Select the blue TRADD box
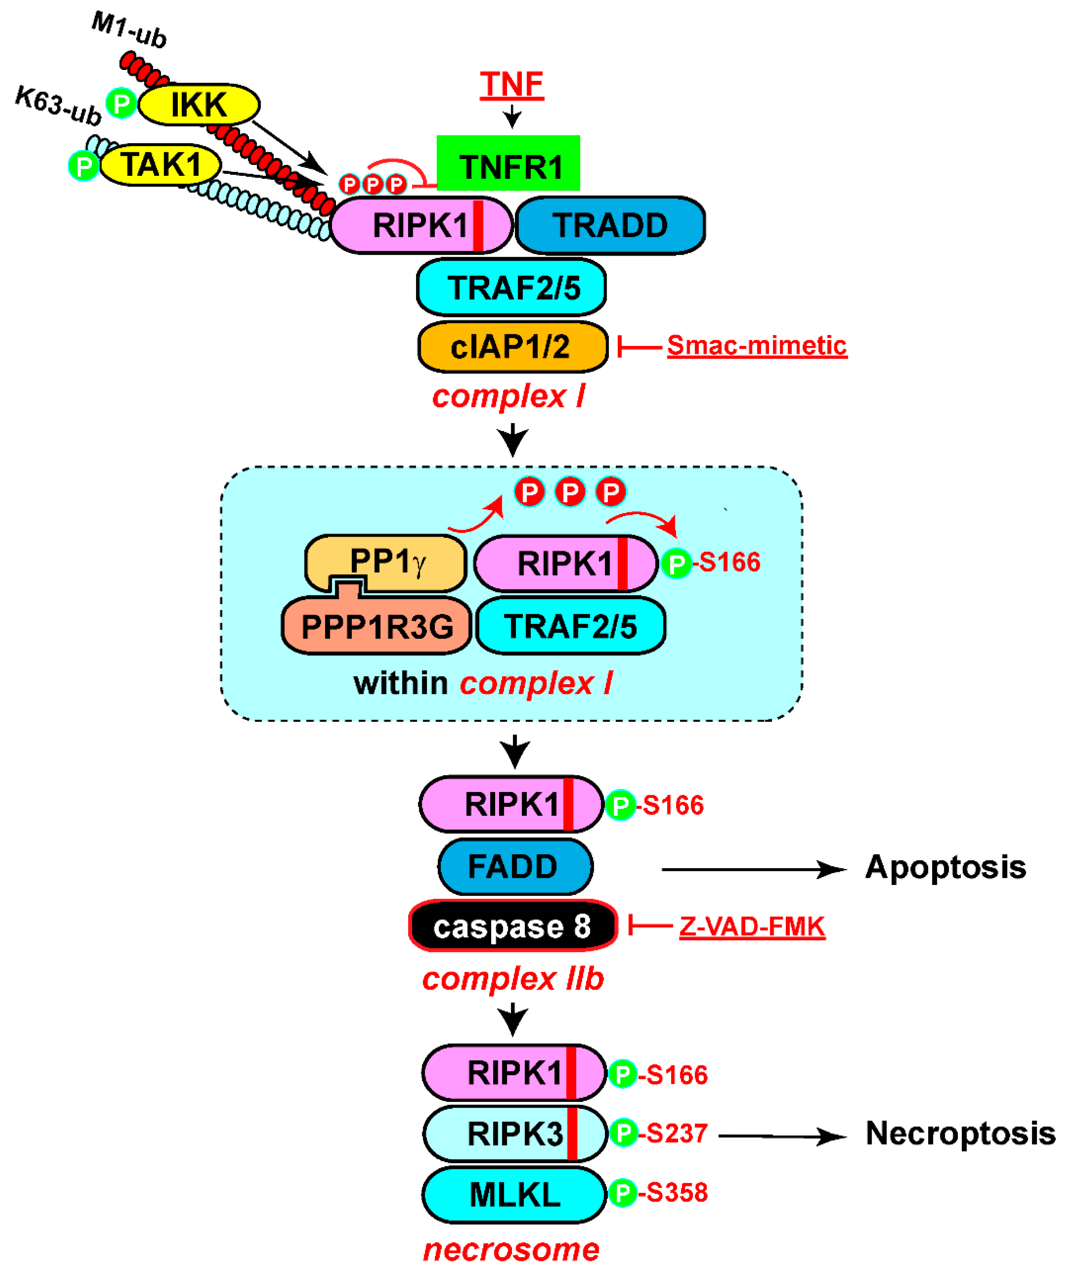(x=610, y=225)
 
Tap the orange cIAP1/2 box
(x=512, y=347)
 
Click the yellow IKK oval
(x=199, y=104)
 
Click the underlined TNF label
(x=511, y=84)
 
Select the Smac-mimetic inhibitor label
(x=756, y=346)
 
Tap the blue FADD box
(x=514, y=867)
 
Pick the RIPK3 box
(x=514, y=1134)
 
